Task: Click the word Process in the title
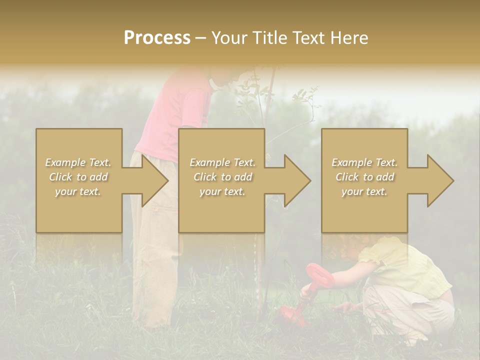(x=157, y=38)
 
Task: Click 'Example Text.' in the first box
(x=78, y=162)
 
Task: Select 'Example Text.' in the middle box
(x=222, y=162)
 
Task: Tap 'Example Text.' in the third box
(x=364, y=162)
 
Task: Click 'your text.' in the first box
(x=78, y=191)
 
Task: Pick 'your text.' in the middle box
(x=222, y=191)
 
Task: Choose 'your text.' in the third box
(x=364, y=191)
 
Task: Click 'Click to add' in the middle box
(x=222, y=177)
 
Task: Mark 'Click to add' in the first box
(x=78, y=177)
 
